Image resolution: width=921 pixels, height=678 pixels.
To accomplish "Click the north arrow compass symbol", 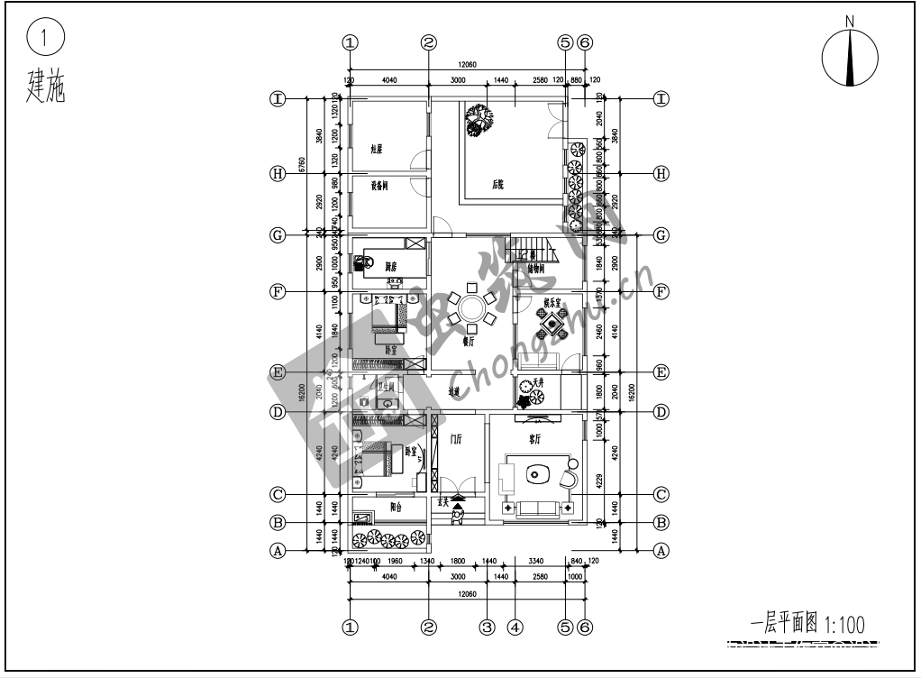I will click(x=849, y=59).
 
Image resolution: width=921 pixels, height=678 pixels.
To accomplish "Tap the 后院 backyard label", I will click(x=497, y=184).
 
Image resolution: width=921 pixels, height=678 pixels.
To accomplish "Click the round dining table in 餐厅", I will click(x=471, y=308).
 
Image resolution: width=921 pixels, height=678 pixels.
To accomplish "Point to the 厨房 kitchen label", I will click(x=391, y=267).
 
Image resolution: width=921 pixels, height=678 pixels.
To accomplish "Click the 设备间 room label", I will click(x=379, y=187).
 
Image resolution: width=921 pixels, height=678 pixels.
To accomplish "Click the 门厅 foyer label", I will click(x=454, y=440).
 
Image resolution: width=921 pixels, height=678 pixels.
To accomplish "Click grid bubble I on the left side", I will click(x=279, y=99).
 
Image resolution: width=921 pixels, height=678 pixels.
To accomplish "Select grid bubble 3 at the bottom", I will click(x=488, y=626).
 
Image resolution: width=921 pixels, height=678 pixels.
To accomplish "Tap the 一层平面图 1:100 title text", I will click(x=807, y=622).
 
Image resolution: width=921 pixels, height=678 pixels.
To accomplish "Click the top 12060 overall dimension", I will click(x=467, y=66).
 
